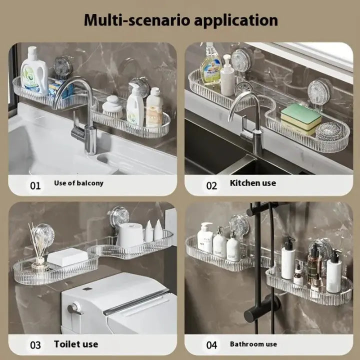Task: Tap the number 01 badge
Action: point(35,185)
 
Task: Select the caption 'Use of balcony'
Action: point(78,183)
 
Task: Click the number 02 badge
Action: point(212,185)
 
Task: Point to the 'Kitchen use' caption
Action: point(252,183)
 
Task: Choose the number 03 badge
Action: point(35,345)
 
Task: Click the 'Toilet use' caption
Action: point(76,344)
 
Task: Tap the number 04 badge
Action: point(212,345)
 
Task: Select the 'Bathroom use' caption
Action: point(253,344)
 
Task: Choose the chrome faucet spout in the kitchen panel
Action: point(245,105)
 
